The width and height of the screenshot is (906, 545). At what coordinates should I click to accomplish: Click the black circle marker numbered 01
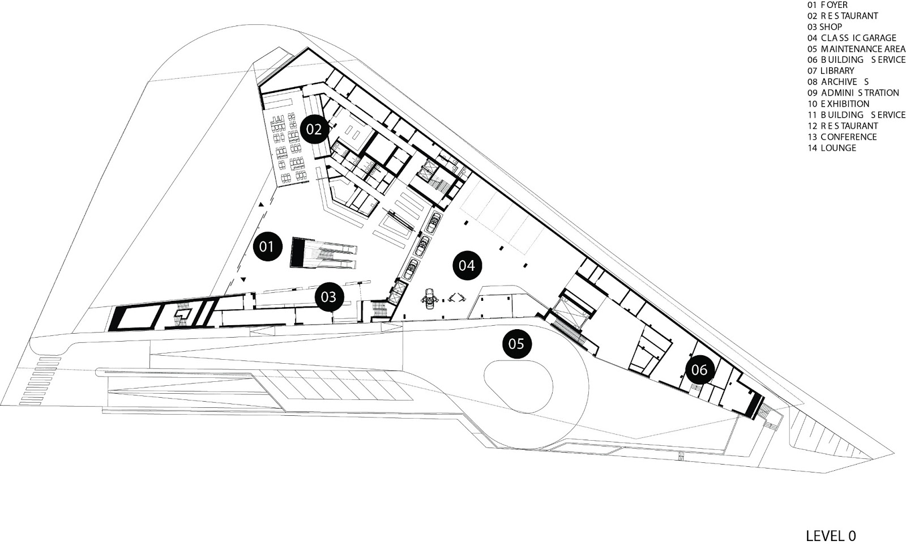[x=268, y=246]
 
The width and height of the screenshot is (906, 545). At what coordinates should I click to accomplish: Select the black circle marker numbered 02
[x=314, y=130]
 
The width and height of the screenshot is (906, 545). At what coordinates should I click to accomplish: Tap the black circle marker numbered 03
[x=329, y=296]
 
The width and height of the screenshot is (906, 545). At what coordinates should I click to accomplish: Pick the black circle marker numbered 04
[x=467, y=265]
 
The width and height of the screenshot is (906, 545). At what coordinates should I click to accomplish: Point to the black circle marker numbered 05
[x=516, y=343]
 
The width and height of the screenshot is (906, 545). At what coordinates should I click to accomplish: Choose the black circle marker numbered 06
[x=699, y=370]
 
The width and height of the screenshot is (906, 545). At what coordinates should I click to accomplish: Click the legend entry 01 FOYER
[x=827, y=5]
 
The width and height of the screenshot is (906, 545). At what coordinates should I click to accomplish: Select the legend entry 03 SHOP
[x=824, y=27]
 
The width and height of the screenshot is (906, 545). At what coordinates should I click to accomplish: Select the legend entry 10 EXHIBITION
[x=838, y=104]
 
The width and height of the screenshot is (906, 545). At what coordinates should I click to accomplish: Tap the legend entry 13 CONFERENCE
[x=842, y=137]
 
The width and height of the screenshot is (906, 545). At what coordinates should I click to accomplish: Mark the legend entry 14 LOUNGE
[x=832, y=148]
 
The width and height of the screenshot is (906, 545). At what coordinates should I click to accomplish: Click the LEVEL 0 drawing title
[x=831, y=535]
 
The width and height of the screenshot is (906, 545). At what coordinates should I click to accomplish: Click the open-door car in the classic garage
[x=430, y=297]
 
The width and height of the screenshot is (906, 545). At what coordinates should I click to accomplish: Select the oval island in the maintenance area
[x=519, y=385]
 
